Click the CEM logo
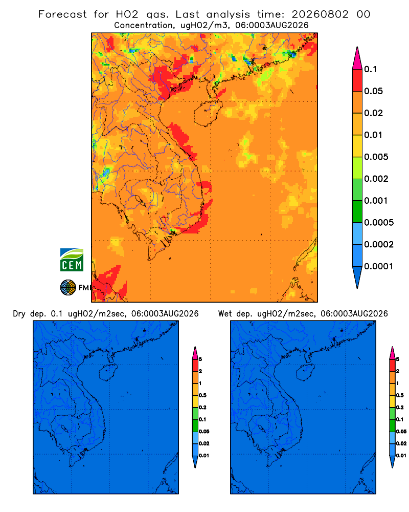(72, 260)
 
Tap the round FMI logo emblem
(68, 287)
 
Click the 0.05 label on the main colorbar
(373, 91)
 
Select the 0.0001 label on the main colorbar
(379, 266)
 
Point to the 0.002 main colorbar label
(376, 179)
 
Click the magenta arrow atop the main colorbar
(357, 58)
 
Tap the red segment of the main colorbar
(357, 80)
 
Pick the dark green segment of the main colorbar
(357, 211)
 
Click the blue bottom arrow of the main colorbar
(357, 277)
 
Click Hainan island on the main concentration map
(208, 113)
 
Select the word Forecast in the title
(62, 14)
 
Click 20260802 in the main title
(320, 14)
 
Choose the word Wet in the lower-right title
(224, 314)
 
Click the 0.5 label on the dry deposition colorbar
(202, 395)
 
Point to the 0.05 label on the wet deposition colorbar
(401, 432)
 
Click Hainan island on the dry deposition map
(108, 373)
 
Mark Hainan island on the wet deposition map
(305, 373)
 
